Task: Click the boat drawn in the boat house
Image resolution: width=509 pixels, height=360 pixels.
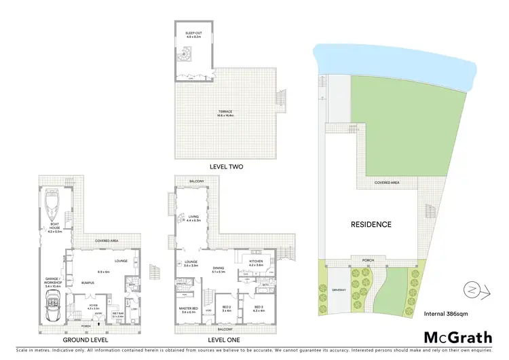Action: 52,204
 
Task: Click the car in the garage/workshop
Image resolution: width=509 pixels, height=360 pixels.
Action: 52,308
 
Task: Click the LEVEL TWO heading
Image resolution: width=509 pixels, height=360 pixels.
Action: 227,166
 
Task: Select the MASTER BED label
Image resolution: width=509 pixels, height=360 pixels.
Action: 188,310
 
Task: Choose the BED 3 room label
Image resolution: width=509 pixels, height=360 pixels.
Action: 258,307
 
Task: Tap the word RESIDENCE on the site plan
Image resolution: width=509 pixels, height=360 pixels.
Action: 371,225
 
